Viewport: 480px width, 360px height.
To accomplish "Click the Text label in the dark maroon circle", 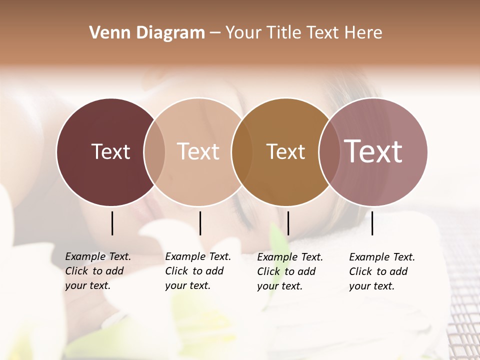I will pyautogui.click(x=110, y=151).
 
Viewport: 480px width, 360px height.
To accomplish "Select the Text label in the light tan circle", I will pyautogui.click(x=198, y=151).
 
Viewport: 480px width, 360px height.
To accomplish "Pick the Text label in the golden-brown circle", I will pyautogui.click(x=285, y=151).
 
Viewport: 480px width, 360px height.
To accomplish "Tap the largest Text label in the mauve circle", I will pyautogui.click(x=373, y=151).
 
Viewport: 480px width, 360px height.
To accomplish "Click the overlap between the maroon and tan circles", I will pyautogui.click(x=154, y=152).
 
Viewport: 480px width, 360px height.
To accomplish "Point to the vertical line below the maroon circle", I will pyautogui.click(x=112, y=223).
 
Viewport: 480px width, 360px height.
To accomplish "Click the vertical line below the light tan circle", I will pyautogui.click(x=200, y=223).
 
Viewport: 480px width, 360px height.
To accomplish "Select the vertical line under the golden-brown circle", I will pyautogui.click(x=288, y=223).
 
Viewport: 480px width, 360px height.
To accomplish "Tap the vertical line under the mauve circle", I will pyautogui.click(x=372, y=223).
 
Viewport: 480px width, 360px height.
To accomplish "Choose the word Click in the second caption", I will pyautogui.click(x=176, y=271).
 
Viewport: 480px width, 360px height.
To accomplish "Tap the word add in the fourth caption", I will pyautogui.click(x=398, y=271).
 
